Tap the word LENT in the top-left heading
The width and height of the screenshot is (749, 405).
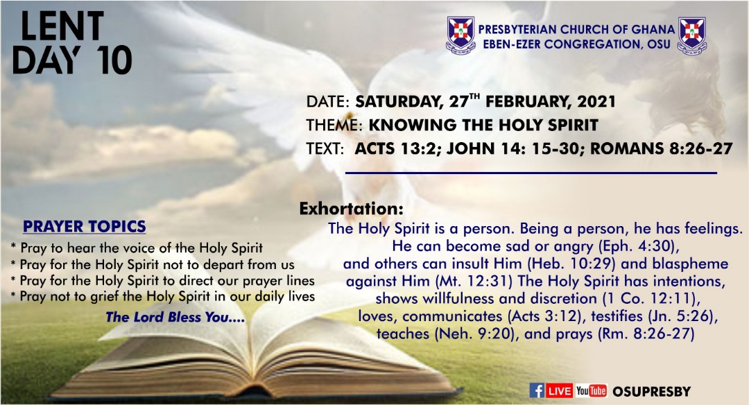[62, 26]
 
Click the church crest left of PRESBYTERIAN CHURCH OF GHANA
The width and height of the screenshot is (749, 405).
[460, 35]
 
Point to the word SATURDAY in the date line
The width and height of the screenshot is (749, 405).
[398, 102]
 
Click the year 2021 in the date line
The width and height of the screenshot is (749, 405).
[596, 102]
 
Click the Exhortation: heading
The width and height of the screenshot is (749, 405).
[351, 209]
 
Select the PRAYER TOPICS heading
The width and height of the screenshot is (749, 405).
[85, 226]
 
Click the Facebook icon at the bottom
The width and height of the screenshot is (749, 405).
[537, 390]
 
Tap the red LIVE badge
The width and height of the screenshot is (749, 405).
[560, 390]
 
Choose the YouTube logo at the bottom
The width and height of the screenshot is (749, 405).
[591, 390]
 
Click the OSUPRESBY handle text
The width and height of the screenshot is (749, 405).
[651, 392]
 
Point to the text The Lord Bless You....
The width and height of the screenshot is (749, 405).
[175, 317]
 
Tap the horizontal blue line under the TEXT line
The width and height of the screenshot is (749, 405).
[531, 173]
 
